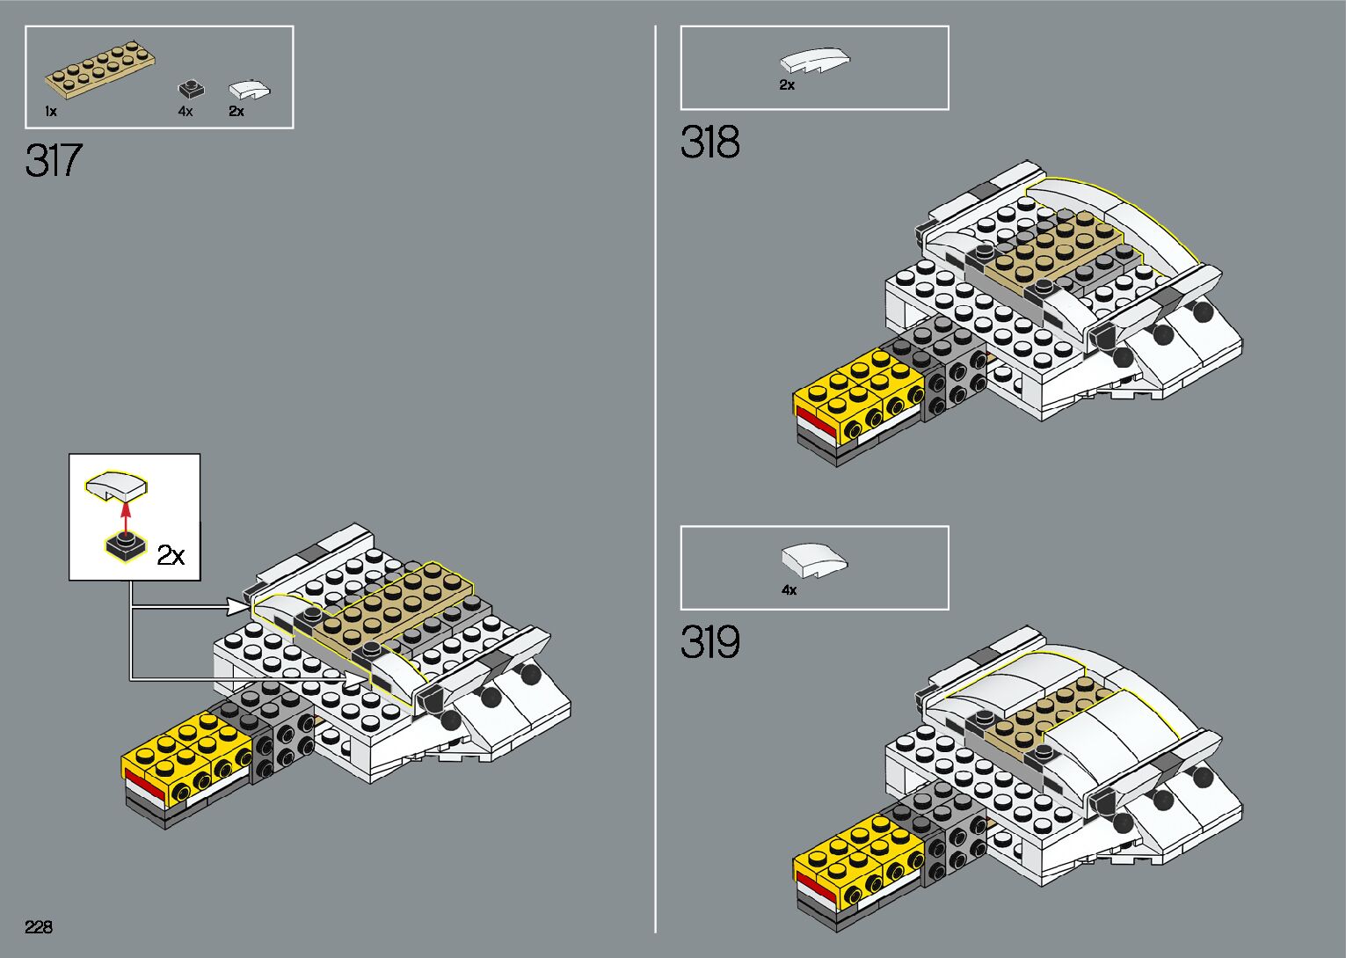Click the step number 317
[54, 161]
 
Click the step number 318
[709, 143]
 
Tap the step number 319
[709, 643]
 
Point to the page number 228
[39, 927]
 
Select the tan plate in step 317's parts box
[101, 67]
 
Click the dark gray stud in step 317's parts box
[191, 89]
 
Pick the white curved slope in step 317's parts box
[249, 90]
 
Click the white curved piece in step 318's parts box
[815, 60]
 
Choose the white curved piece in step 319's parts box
[815, 560]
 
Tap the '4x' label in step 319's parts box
[789, 590]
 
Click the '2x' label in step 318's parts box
[787, 85]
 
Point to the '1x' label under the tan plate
[51, 112]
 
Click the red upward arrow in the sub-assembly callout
[126, 516]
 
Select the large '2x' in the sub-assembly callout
[171, 556]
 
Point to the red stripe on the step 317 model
[144, 785]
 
